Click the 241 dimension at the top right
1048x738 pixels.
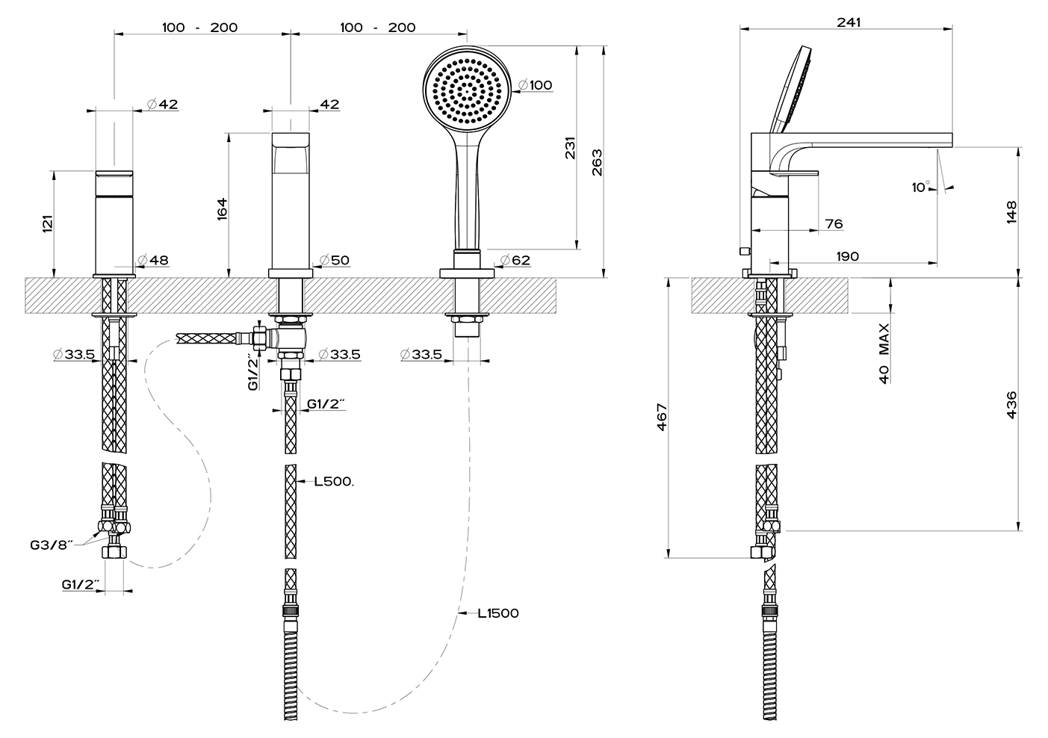click(849, 22)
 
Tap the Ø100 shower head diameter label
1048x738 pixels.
click(536, 85)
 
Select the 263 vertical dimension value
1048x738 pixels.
click(598, 162)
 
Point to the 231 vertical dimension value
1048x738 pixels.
click(571, 148)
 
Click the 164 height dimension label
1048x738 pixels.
click(222, 208)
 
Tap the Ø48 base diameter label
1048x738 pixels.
click(153, 260)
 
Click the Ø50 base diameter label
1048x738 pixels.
click(335, 260)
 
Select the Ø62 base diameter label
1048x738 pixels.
click(515, 260)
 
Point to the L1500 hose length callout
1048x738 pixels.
click(498, 613)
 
